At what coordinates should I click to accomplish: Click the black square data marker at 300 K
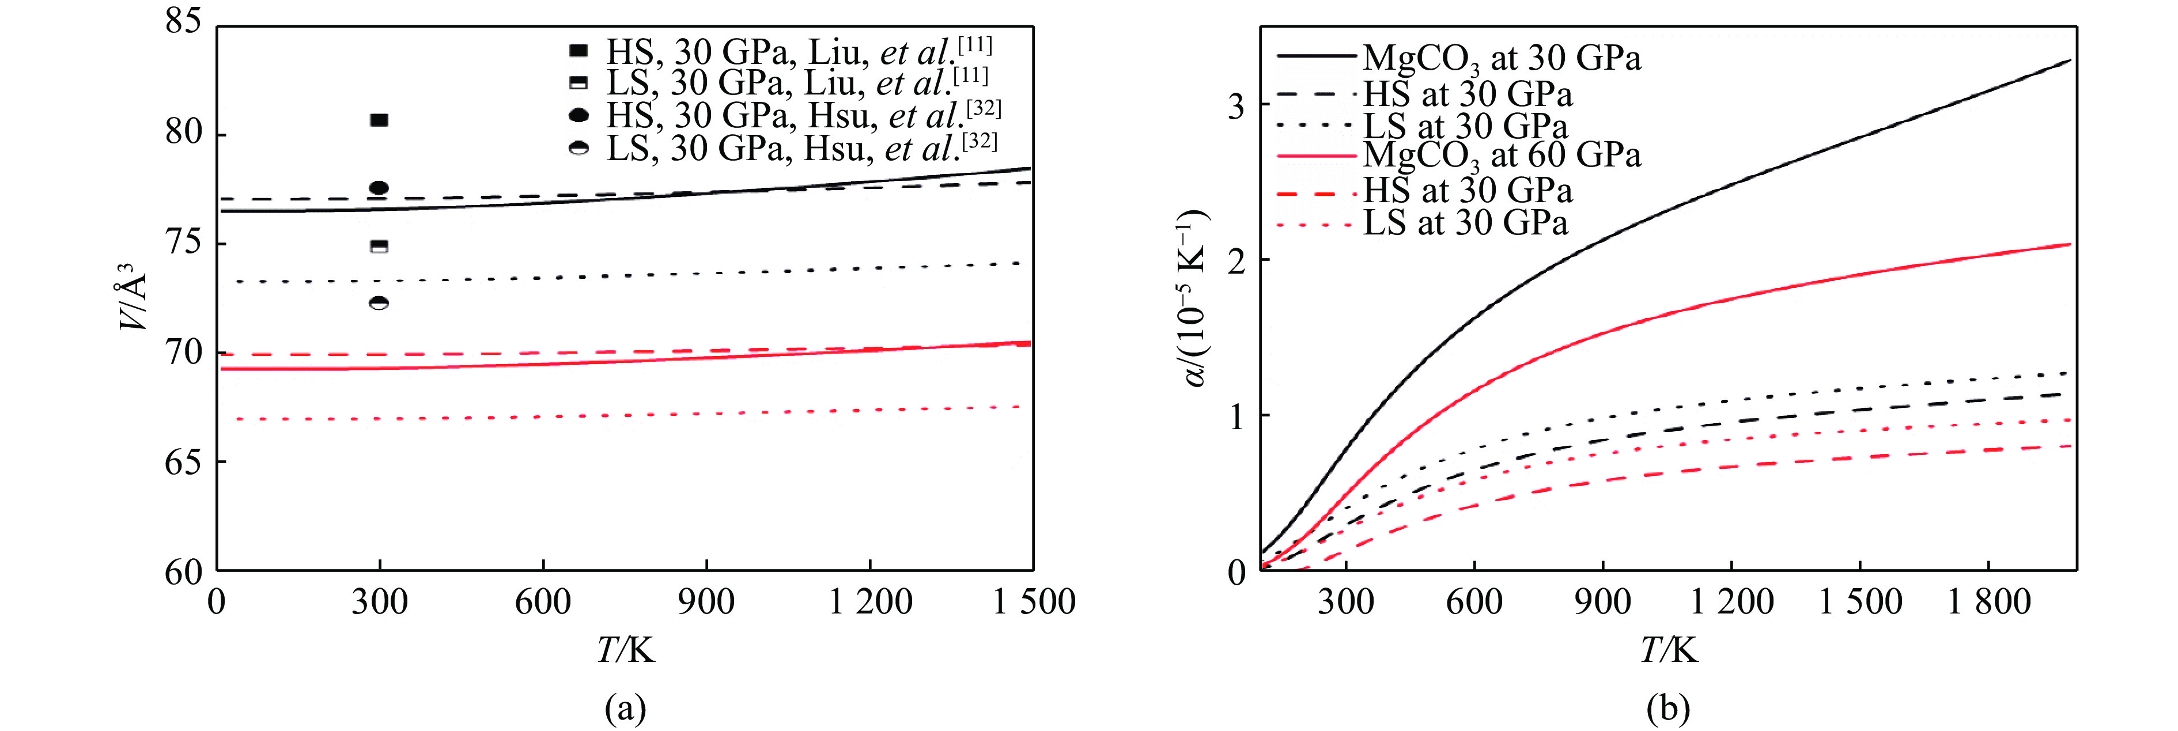(380, 120)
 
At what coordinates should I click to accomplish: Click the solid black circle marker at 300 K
(380, 188)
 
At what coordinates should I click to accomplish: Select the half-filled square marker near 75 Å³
(380, 247)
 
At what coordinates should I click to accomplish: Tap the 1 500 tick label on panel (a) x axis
(1033, 602)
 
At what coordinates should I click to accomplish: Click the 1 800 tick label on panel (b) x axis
(1988, 602)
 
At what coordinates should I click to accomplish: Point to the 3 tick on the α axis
(1235, 105)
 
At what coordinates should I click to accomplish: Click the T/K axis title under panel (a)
(626, 650)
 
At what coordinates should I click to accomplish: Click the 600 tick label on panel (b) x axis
(1474, 602)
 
